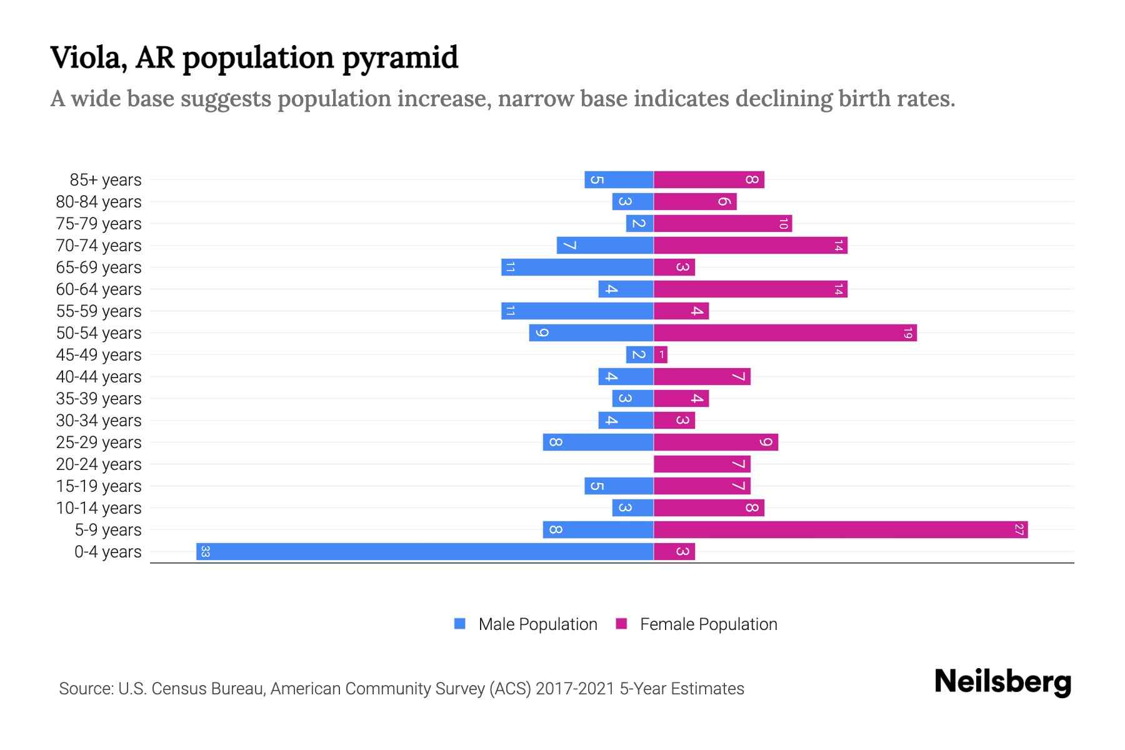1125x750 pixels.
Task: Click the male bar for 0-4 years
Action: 425,551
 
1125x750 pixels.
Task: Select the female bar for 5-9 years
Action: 841,529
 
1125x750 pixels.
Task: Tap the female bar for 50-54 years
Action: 785,332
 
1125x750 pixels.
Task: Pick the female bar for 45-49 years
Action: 661,354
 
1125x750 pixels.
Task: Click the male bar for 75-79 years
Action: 639,223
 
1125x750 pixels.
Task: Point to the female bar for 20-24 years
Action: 702,464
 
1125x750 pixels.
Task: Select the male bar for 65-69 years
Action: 577,267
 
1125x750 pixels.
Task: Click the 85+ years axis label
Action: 106,180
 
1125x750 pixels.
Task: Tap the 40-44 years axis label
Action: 99,377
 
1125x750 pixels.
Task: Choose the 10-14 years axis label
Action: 99,508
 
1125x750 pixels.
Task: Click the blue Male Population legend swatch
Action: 460,624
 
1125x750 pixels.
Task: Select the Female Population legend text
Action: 708,624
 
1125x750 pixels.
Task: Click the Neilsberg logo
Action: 1002,681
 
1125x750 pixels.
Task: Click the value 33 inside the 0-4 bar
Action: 205,551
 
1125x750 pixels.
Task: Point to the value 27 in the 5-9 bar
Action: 1019,529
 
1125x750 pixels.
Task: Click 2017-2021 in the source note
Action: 575,689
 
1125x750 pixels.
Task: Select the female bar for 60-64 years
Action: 750,289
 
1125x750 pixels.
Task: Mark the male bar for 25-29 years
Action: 598,442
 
